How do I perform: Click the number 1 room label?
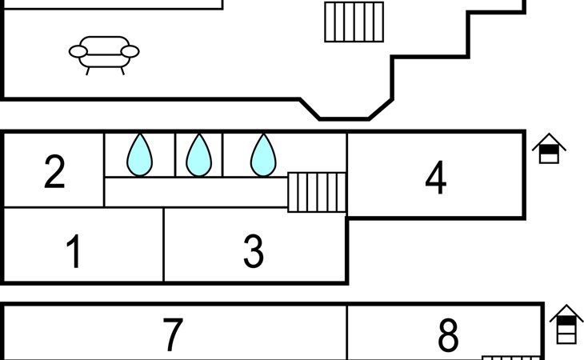click(74, 251)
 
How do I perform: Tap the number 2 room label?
click(54, 171)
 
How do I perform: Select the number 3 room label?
click(254, 251)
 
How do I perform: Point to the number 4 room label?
click(436, 178)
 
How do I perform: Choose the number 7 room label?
click(173, 334)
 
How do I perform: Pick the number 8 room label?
click(448, 335)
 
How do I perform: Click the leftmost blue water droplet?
click(140, 155)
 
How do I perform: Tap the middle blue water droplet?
click(199, 155)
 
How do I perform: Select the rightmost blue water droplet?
click(263, 155)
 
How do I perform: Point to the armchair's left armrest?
click(78, 51)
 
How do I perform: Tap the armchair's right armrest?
click(130, 51)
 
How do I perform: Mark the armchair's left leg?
click(88, 71)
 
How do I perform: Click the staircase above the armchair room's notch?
click(354, 22)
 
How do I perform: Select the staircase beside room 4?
click(317, 192)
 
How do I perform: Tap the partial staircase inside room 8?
click(511, 358)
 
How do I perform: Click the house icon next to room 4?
click(549, 148)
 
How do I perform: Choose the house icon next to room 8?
click(567, 324)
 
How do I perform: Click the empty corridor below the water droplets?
click(196, 192)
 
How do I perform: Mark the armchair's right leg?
click(122, 71)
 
